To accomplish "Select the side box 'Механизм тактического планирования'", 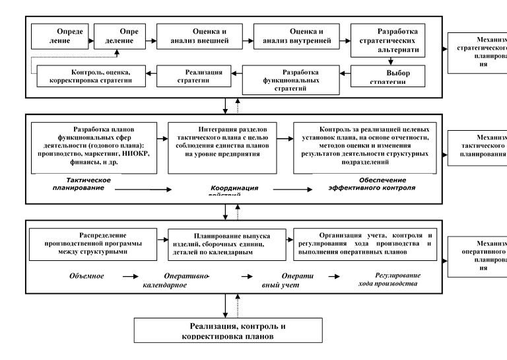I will (x=477, y=147).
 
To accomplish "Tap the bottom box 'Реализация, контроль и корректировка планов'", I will (x=229, y=331).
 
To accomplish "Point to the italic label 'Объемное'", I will (x=87, y=275).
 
